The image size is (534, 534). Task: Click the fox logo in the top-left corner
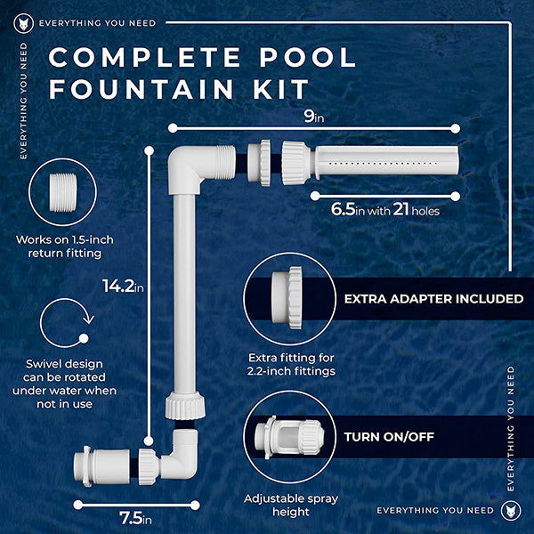click(x=23, y=23)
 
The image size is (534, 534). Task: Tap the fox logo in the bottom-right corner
click(x=511, y=511)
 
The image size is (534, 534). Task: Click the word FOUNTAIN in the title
click(x=142, y=88)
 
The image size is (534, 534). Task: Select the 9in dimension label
click(x=313, y=117)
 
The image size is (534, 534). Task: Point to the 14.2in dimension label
click(x=123, y=286)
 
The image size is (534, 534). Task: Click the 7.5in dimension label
click(x=135, y=519)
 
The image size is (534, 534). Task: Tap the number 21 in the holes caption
click(x=400, y=209)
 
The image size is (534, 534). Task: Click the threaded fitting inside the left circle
click(x=63, y=192)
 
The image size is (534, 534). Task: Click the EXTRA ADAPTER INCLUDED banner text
click(x=434, y=299)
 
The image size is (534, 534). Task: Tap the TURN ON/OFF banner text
click(x=389, y=437)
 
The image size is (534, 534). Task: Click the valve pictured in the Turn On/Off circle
click(x=288, y=437)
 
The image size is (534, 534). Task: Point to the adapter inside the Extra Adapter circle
click(x=287, y=297)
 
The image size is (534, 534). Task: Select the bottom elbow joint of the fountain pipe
click(x=180, y=455)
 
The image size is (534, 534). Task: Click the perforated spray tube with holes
click(x=385, y=160)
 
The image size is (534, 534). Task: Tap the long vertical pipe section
click(x=184, y=294)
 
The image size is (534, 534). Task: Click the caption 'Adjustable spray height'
click(x=291, y=505)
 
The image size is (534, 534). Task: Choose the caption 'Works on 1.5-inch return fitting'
click(x=65, y=247)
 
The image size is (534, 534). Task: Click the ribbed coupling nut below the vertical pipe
click(x=185, y=405)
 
